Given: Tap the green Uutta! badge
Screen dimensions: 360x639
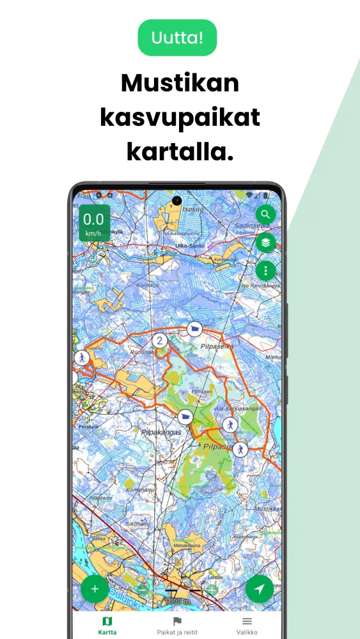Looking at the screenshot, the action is coord(178,38).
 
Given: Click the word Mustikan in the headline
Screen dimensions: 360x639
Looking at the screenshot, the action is coord(180,84).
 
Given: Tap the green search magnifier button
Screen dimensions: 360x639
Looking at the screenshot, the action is coord(266,214).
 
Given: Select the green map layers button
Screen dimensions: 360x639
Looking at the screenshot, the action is coord(266,242).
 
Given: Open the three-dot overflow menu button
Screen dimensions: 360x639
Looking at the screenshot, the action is coord(266,271).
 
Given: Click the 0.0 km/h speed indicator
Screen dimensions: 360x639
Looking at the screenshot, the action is coord(93,223).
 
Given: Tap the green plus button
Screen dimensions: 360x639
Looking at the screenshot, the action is coord(95,589).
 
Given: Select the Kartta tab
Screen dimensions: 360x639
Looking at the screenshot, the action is coord(107,625).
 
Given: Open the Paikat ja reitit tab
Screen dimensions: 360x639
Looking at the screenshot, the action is coord(178,625).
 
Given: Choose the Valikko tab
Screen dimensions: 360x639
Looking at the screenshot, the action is coord(247,625).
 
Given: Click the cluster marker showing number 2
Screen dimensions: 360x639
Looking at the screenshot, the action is coord(160,341).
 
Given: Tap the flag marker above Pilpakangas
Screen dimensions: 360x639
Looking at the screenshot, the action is coord(185,417).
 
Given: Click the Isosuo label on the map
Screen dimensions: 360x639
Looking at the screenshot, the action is coord(192,208).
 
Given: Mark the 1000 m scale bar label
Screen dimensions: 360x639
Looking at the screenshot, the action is coord(176,601).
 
